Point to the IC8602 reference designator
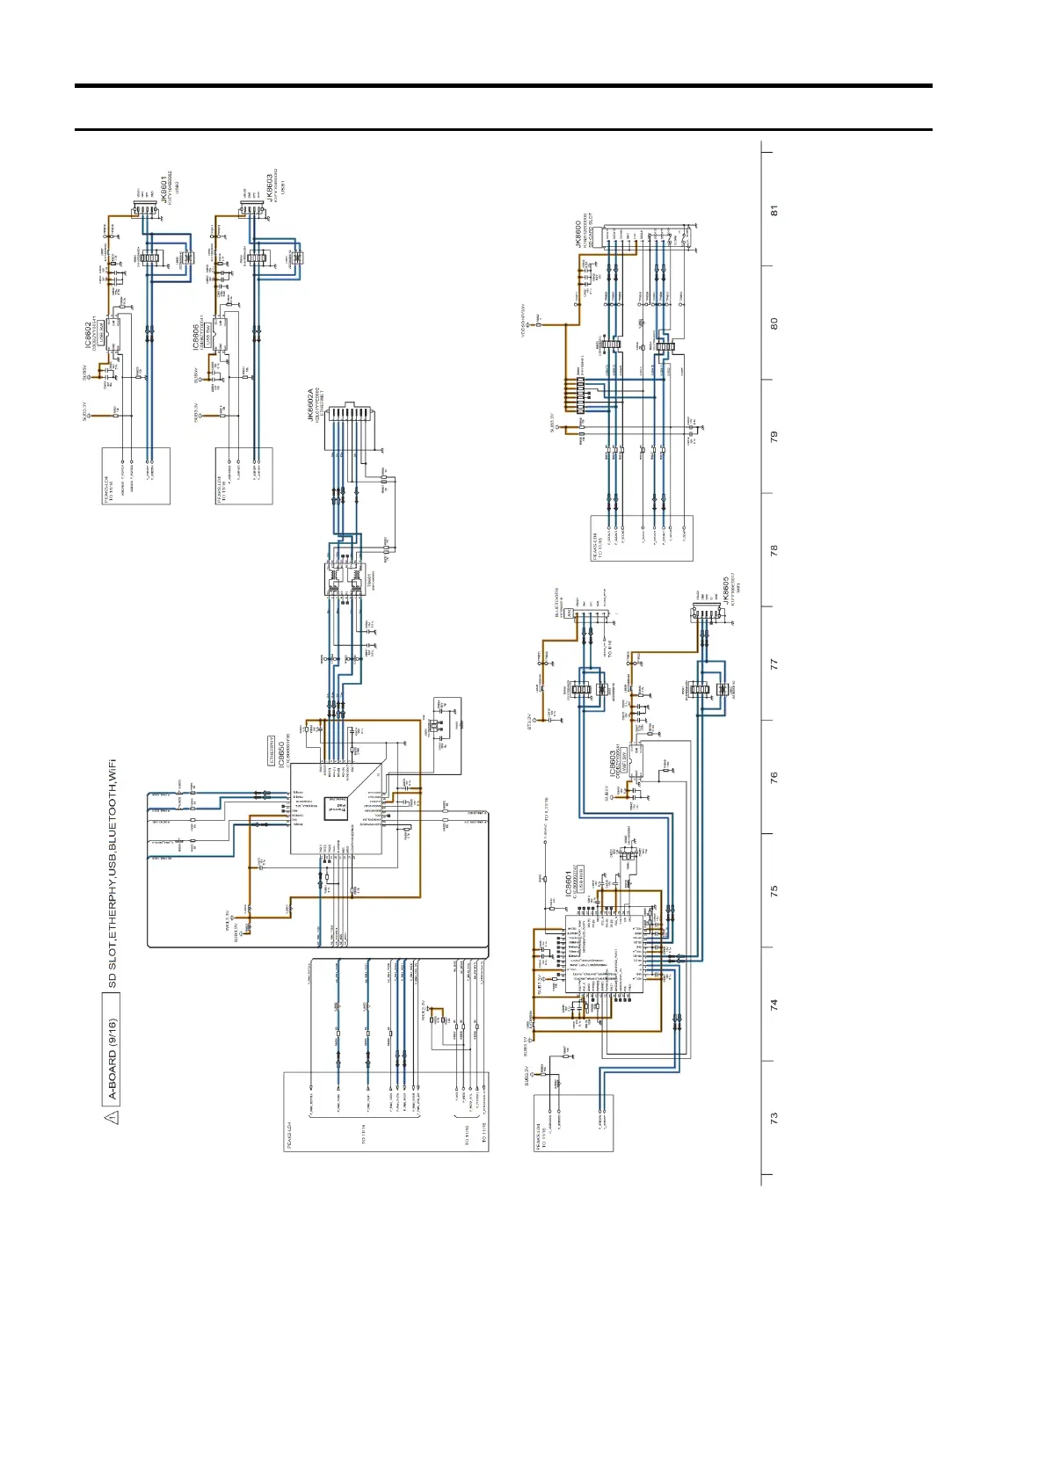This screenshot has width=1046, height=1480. coord(89,333)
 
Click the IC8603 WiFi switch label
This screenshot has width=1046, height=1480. coord(613,763)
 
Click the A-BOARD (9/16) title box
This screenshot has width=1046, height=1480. coord(113,1060)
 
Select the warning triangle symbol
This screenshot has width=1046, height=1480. coord(112,1117)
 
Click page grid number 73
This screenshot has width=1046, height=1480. coord(774,1118)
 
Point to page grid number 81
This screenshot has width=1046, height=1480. coord(774,211)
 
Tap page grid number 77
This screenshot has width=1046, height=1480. coord(774,664)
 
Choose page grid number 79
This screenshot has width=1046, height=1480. coord(774,437)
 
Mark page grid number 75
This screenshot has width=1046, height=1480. coord(774,890)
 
